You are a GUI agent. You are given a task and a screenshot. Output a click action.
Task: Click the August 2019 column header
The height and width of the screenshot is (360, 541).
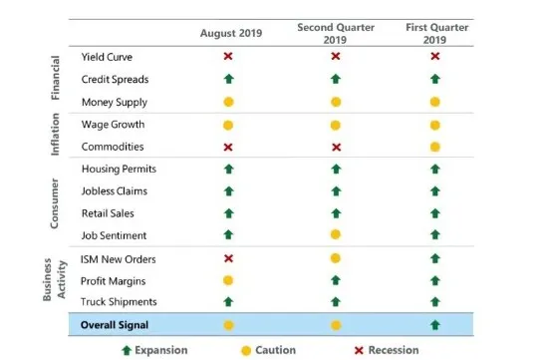point(231,33)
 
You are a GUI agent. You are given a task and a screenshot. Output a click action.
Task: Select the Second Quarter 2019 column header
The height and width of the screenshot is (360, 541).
point(336,34)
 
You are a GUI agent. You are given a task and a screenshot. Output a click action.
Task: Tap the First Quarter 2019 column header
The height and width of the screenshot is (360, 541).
point(436,34)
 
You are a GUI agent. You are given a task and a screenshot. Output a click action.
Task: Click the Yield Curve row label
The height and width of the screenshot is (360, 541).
point(107,57)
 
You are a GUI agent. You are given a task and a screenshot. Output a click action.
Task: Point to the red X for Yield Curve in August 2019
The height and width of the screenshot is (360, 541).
point(228,56)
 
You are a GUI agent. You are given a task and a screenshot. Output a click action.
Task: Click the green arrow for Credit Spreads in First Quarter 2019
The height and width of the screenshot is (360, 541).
point(435,79)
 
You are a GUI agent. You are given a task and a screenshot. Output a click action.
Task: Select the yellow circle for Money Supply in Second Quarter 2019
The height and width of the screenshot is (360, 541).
point(336,102)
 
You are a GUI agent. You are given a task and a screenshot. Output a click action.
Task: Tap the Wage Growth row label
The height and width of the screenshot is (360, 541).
point(114,125)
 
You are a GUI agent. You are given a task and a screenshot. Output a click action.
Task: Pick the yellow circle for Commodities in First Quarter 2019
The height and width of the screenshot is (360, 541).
point(435,148)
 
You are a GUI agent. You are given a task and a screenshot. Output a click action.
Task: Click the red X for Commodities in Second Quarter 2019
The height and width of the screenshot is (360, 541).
point(337,148)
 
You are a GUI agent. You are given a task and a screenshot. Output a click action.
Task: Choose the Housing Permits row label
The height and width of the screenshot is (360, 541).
point(119,169)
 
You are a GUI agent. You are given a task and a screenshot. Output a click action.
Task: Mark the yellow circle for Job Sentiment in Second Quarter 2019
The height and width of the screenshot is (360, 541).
point(336,235)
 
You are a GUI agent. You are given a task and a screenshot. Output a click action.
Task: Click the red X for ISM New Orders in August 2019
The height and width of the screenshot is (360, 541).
point(228,258)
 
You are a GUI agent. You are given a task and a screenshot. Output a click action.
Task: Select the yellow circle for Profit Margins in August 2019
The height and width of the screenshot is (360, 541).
point(228,280)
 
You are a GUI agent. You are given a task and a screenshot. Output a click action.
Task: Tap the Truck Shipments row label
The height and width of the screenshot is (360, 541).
point(119,302)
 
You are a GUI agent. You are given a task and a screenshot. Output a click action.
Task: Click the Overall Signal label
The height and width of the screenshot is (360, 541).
point(115,325)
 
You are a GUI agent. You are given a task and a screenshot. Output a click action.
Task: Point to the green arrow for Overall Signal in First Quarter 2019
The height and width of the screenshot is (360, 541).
point(435,325)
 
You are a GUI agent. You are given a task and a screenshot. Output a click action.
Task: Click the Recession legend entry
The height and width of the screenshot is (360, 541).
point(387,350)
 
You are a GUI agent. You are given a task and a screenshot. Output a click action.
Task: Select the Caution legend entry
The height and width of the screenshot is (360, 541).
point(269,350)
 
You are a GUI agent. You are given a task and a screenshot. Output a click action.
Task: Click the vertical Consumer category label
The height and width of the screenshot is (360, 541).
point(55,203)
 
